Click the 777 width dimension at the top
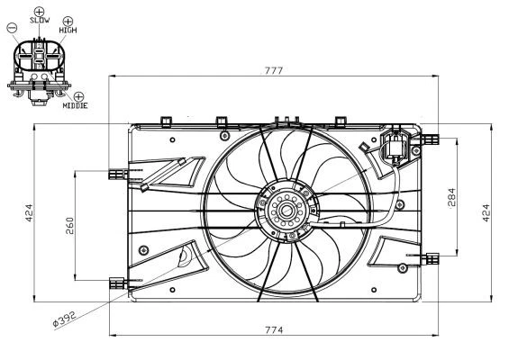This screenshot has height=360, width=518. pyautogui.click(x=275, y=68)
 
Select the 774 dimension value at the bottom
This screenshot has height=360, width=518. pyautogui.click(x=275, y=330)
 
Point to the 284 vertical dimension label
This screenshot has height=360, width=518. pyautogui.click(x=451, y=198)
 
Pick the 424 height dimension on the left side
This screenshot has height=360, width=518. pyautogui.click(x=28, y=213)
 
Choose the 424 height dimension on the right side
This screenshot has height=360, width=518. pyautogui.click(x=486, y=213)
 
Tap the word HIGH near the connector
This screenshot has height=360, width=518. pyautogui.click(x=68, y=30)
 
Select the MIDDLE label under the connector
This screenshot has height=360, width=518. pyautogui.click(x=75, y=106)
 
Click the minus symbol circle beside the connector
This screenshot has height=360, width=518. pyautogui.click(x=11, y=28)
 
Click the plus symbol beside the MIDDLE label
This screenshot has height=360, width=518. pyautogui.click(x=78, y=95)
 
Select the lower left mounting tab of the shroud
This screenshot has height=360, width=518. pyautogui.click(x=114, y=282)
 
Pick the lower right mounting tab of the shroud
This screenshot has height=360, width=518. pyautogui.click(x=432, y=259)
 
